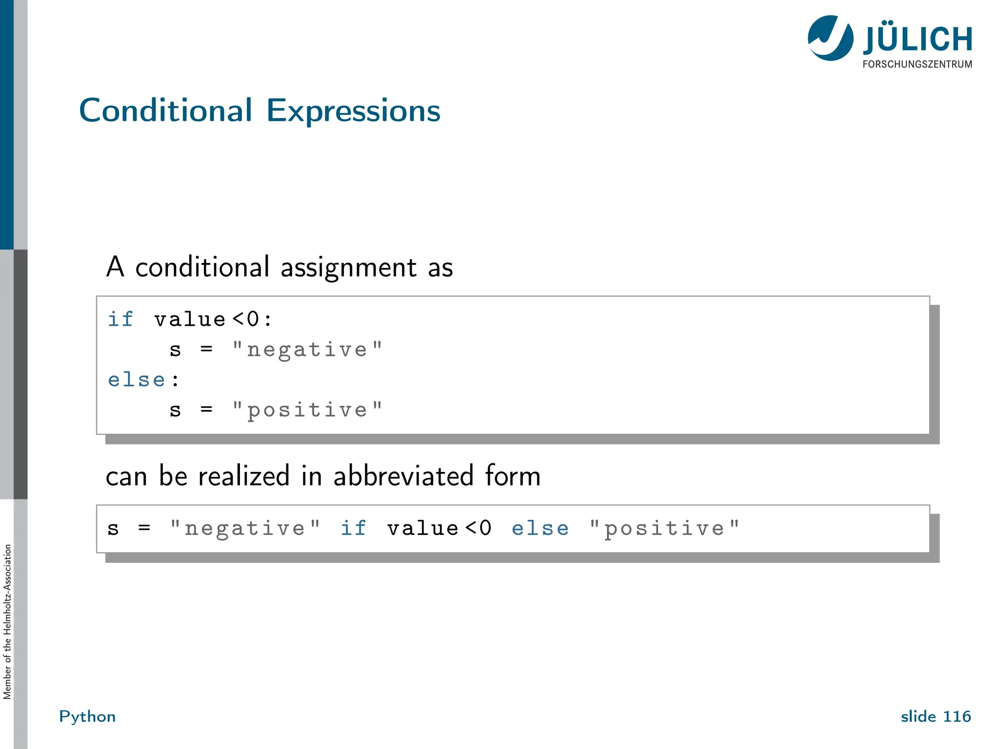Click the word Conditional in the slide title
(166, 111)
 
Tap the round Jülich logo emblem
(830, 38)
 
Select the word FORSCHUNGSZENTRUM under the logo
(917, 64)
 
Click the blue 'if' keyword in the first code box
(120, 319)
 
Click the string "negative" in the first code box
(307, 350)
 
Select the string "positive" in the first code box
(307, 410)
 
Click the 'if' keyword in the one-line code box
(353, 529)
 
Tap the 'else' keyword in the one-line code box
(540, 529)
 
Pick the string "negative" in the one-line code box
(244, 529)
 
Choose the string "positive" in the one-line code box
(664, 529)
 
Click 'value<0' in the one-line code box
(439, 529)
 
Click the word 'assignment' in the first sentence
(348, 268)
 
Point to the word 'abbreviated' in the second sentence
(403, 476)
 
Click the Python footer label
(87, 716)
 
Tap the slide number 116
(957, 716)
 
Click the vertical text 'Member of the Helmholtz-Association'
(7, 622)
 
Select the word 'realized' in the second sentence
(243, 476)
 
